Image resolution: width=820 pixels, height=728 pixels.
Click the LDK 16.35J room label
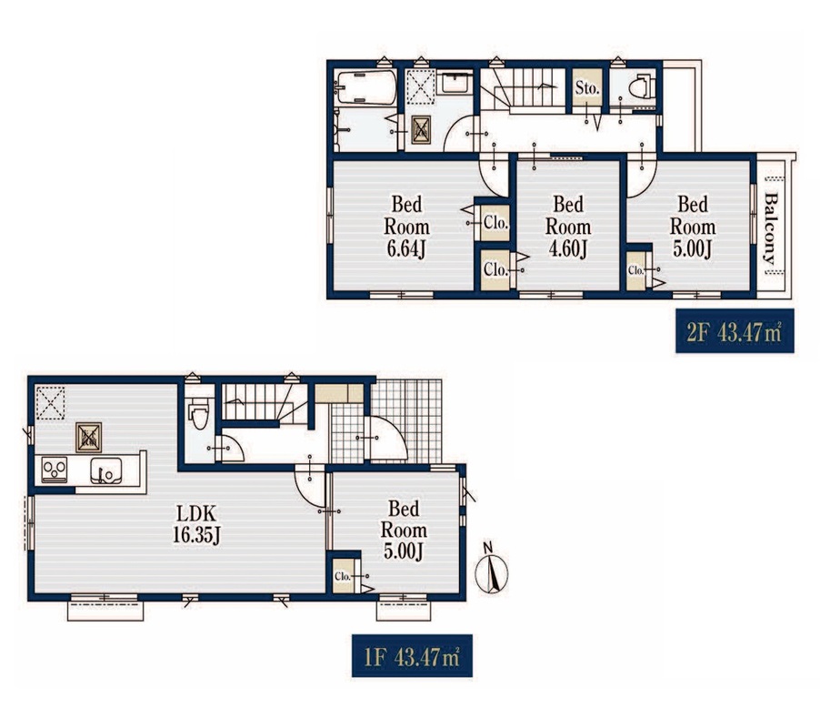click(196, 524)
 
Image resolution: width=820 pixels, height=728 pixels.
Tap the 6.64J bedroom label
click(407, 227)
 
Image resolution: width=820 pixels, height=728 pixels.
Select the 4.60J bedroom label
click(568, 227)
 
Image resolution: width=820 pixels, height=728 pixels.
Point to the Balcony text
click(771, 228)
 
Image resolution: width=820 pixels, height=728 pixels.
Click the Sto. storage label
click(586, 88)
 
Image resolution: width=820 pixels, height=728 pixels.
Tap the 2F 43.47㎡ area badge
click(735, 330)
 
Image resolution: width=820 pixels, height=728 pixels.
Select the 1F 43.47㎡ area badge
click(412, 656)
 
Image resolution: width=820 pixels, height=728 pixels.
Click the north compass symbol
click(491, 569)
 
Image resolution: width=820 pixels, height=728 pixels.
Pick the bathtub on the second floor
click(366, 87)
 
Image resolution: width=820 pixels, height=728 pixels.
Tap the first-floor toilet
click(199, 412)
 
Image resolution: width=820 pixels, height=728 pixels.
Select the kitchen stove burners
click(55, 470)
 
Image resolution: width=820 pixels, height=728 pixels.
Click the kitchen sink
click(106, 470)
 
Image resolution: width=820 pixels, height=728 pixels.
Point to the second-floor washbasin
click(455, 83)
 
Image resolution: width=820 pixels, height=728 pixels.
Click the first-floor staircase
click(265, 402)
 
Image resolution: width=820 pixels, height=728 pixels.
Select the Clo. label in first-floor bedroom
click(342, 576)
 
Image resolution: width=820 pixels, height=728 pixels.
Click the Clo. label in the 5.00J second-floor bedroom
click(636, 270)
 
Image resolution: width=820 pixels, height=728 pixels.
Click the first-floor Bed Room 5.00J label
click(404, 531)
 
